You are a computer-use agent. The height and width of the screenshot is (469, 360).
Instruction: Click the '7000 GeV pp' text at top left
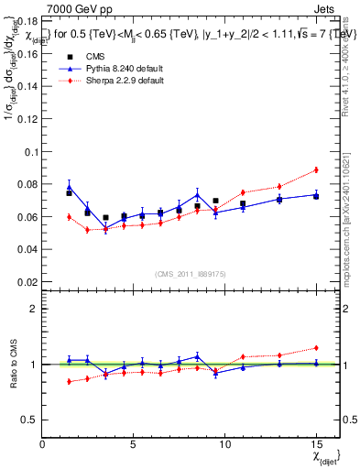click(74, 7)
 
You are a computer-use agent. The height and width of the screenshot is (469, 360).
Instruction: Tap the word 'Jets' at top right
click(326, 7)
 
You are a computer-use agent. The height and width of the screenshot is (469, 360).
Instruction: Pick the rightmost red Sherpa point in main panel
click(316, 169)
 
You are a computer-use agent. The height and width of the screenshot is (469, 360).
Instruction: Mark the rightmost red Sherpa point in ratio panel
click(316, 348)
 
